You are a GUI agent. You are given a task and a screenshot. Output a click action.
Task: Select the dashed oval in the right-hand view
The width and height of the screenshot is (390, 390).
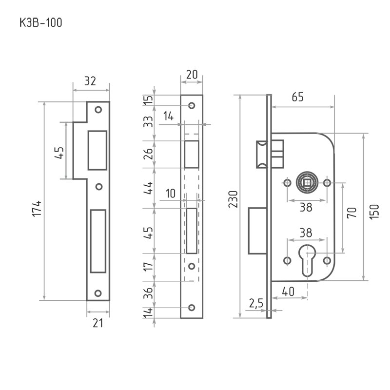point(308,184)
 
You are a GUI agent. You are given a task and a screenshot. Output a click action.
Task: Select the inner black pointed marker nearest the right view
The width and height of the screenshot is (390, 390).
point(351,212)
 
